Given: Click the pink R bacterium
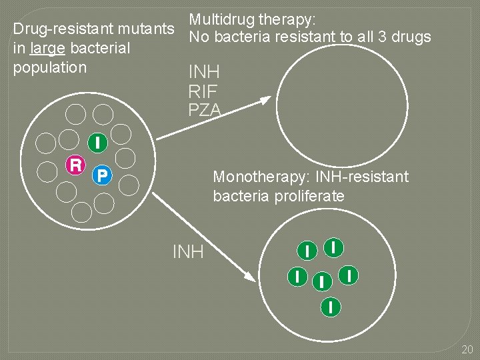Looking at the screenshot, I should click(x=77, y=164).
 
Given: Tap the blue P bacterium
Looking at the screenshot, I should click(x=102, y=175).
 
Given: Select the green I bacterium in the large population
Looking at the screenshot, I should click(x=98, y=142).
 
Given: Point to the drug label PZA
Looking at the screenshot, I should click(x=204, y=111).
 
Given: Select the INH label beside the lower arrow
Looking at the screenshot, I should click(x=188, y=252).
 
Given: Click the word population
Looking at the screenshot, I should click(x=49, y=67).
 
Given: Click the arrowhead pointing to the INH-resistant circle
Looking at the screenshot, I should click(x=248, y=276).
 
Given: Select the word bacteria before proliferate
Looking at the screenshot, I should click(x=240, y=196).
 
